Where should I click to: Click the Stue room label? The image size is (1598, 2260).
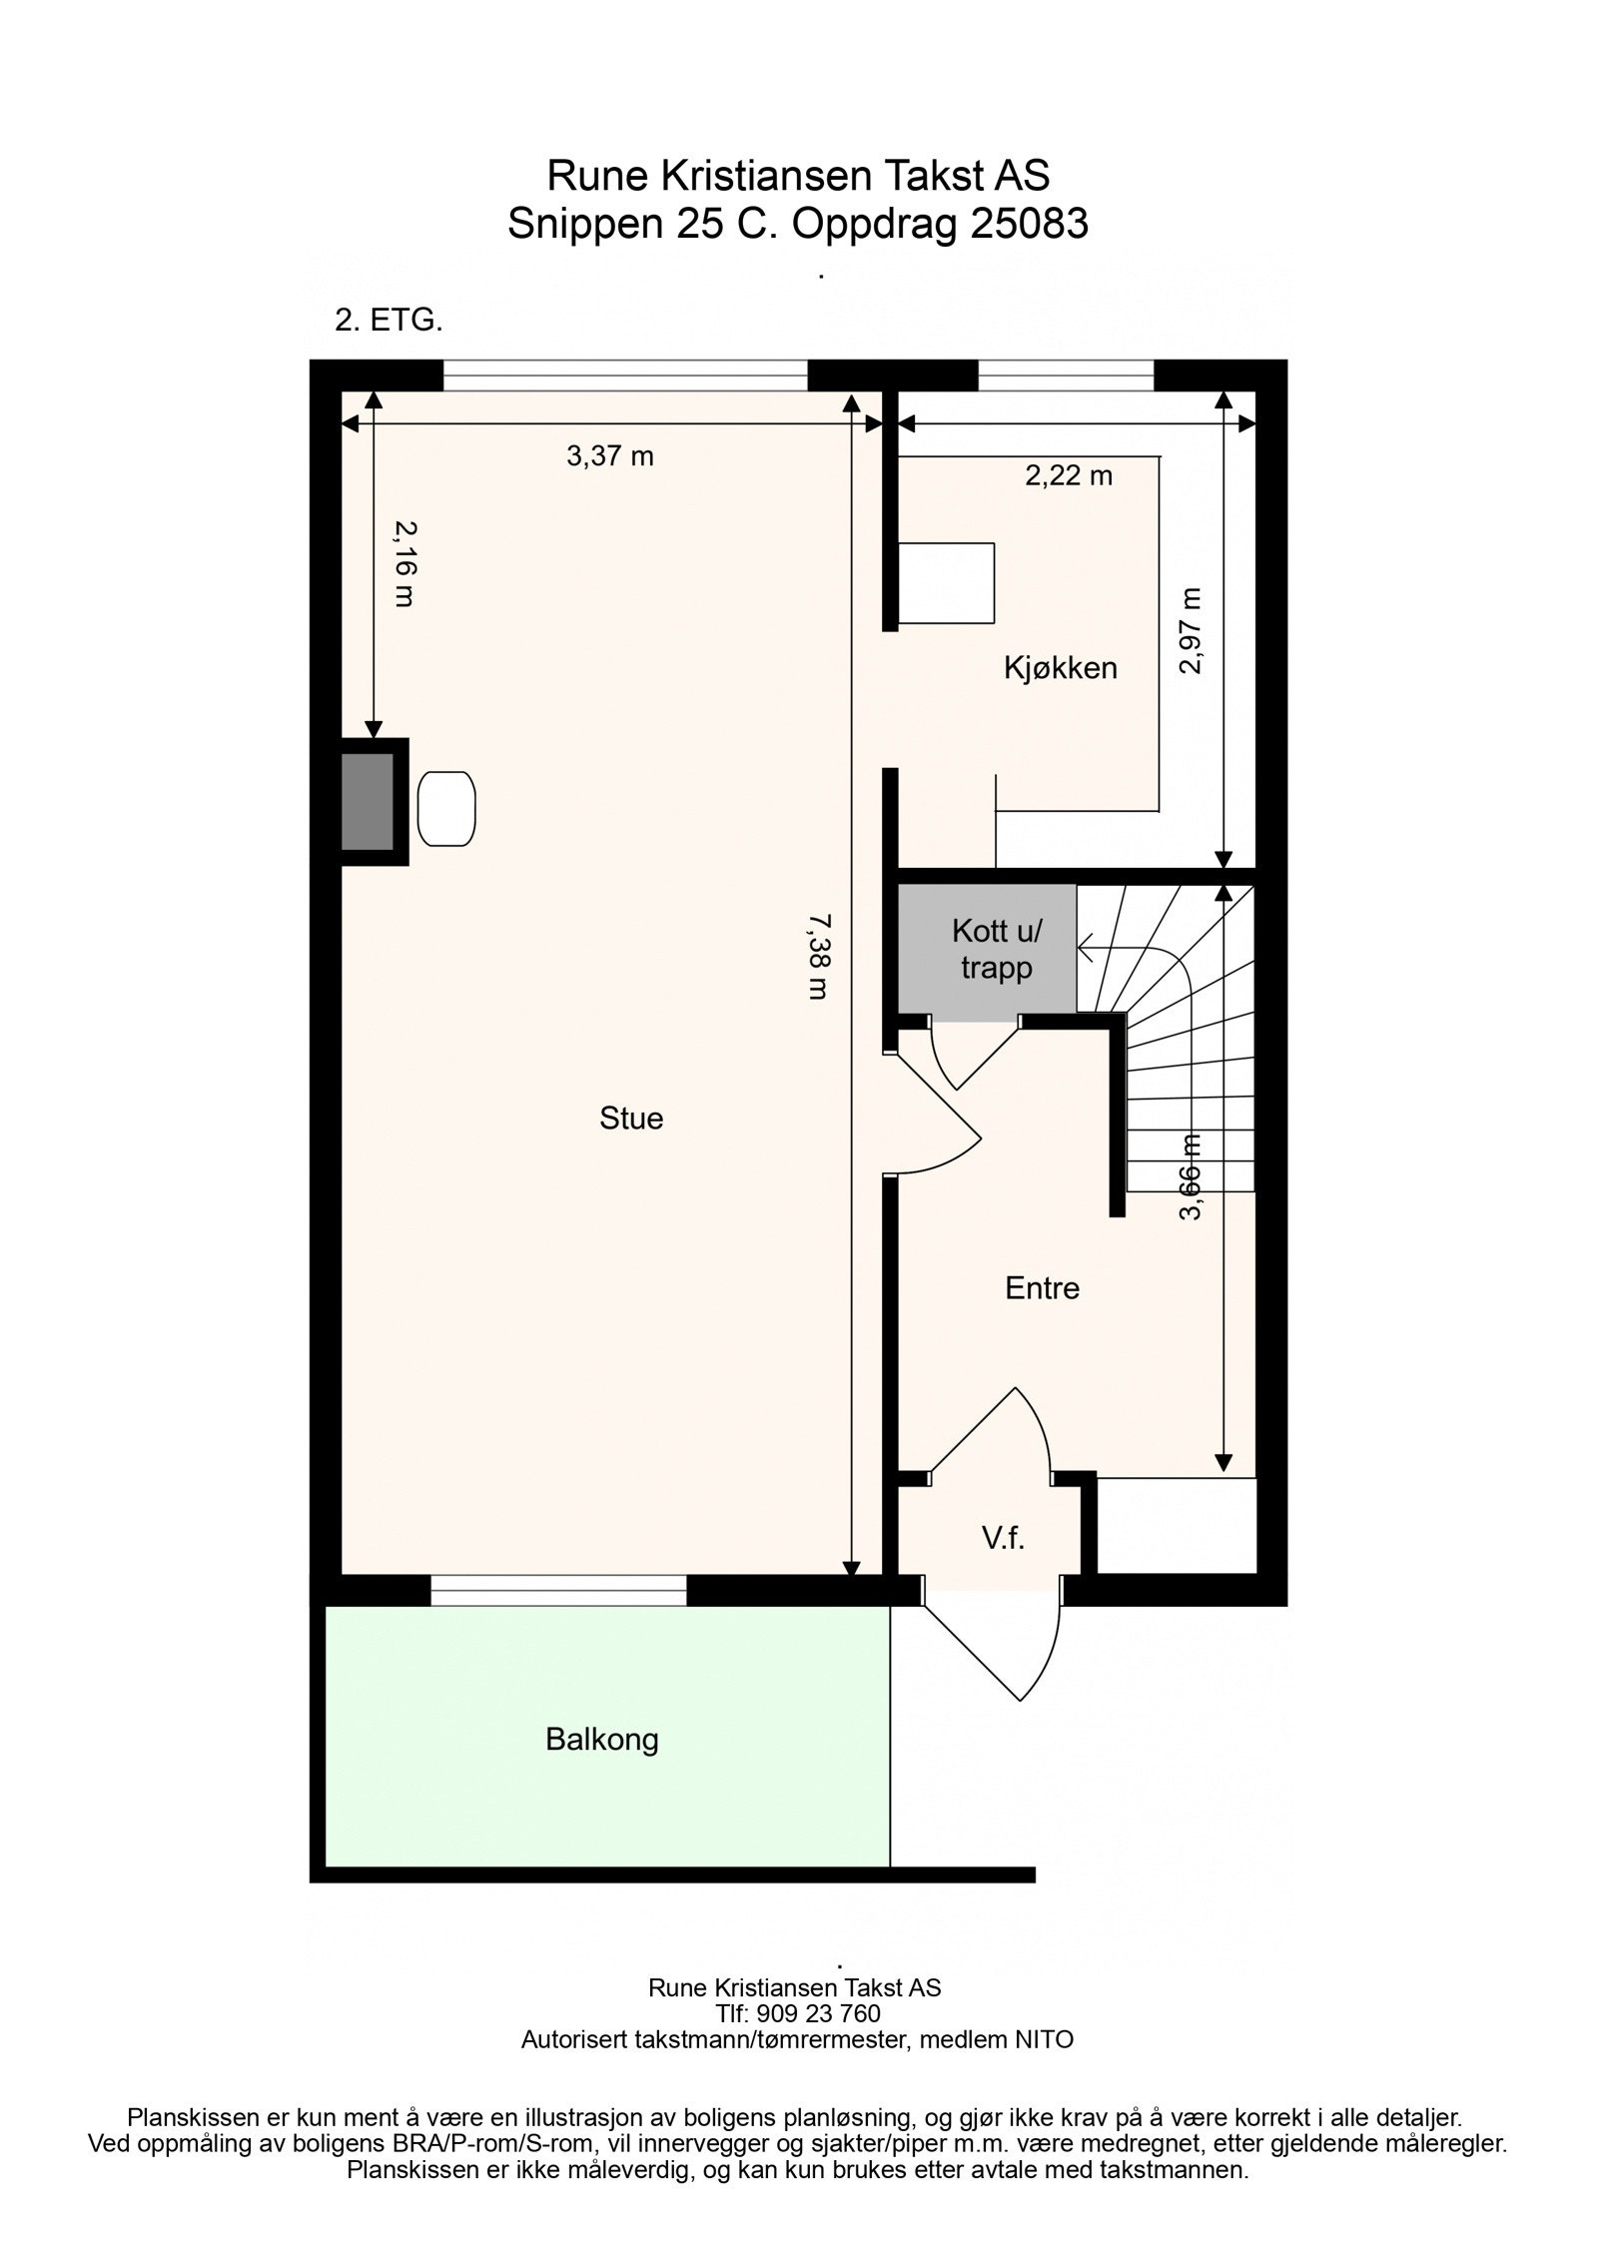click(x=631, y=1118)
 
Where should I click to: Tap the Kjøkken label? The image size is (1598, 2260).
click(x=1060, y=668)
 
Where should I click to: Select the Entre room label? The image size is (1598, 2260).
click(x=1042, y=1287)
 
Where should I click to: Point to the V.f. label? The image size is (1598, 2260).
click(x=1003, y=1538)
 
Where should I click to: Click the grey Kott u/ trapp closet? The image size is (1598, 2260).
click(x=986, y=951)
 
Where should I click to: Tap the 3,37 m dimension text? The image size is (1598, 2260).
click(x=610, y=456)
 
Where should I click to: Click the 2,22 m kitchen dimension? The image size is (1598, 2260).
click(x=1069, y=475)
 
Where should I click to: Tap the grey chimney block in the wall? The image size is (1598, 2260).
click(x=368, y=802)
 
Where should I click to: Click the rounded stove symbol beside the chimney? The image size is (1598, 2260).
click(x=446, y=809)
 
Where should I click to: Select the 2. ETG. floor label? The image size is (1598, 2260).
click(x=389, y=322)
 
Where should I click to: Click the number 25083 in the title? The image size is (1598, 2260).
click(x=1029, y=224)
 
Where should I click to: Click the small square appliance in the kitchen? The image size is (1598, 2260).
click(x=946, y=583)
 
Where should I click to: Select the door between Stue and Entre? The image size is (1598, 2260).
click(x=934, y=1110)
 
